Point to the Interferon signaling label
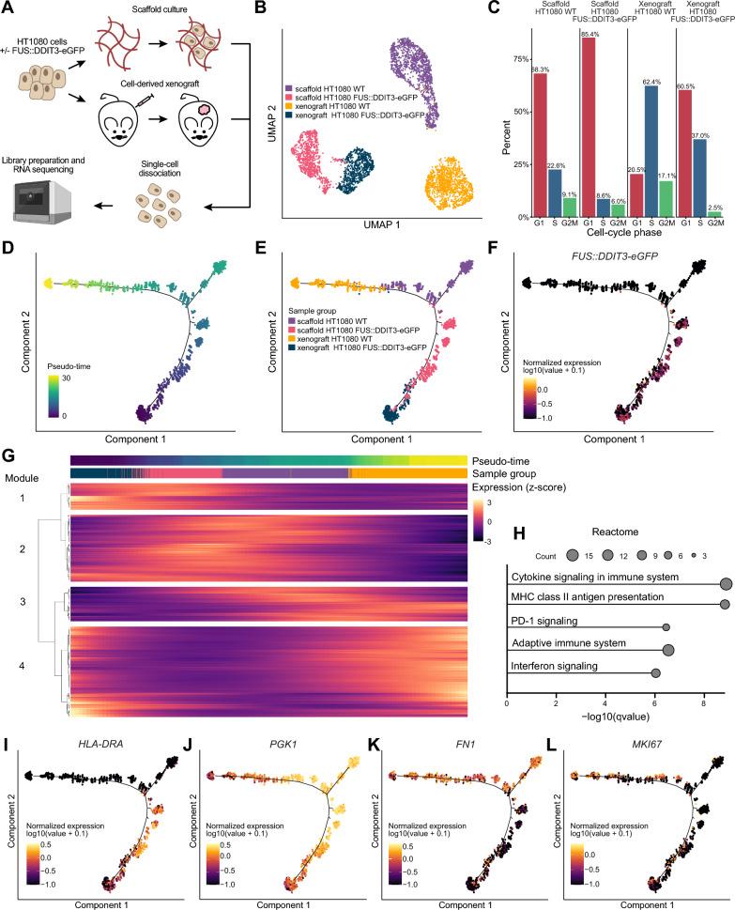(x=554, y=666)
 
